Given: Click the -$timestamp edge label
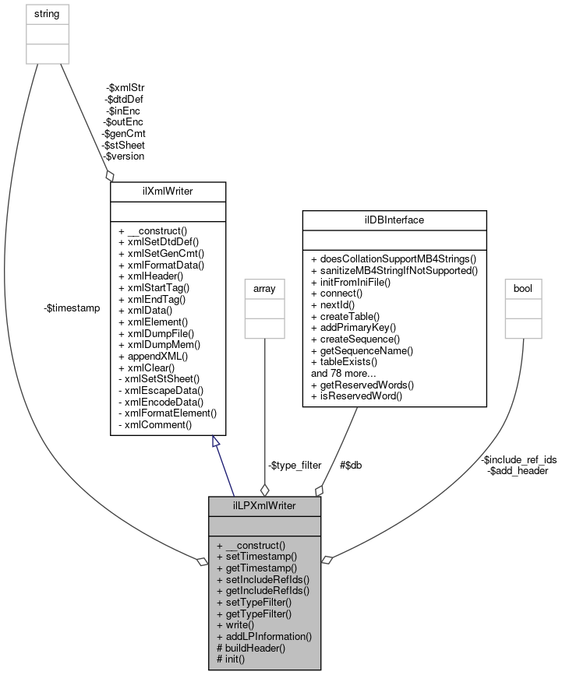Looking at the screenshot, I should point(72,308).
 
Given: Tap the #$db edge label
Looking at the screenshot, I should point(350,465).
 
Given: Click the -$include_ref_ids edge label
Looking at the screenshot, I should point(519,459).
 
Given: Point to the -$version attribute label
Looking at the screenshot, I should point(124,156).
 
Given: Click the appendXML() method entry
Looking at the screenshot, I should point(153,355).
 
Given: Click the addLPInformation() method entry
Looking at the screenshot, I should point(264,636).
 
